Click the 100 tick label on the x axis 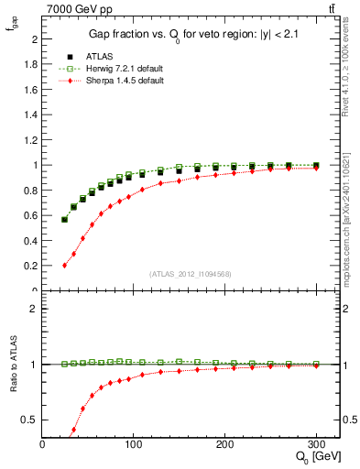point(134,444)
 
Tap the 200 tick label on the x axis point(225,444)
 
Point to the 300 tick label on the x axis point(316,444)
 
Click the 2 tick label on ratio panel point(34,309)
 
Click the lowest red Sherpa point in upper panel point(64,266)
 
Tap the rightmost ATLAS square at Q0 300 point(316,166)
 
